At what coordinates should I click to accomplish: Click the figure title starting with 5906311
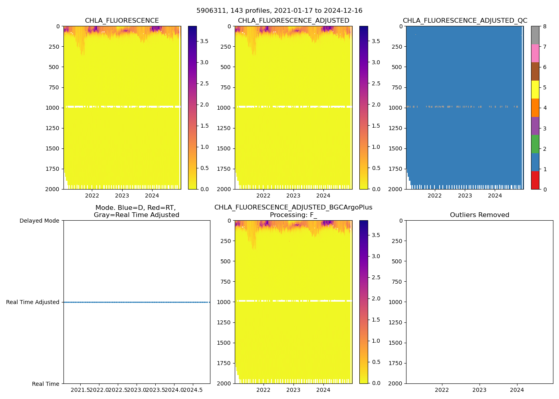click(x=279, y=11)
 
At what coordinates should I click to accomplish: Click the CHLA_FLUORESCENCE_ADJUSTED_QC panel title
click(x=465, y=21)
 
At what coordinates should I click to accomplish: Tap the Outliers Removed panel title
click(x=480, y=215)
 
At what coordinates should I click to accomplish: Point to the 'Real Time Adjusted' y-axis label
click(x=33, y=302)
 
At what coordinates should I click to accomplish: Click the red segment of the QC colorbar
click(x=535, y=180)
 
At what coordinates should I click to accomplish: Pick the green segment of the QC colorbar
click(x=535, y=144)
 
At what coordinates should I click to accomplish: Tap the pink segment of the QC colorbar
click(x=535, y=53)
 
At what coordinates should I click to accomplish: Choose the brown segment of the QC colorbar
click(x=535, y=71)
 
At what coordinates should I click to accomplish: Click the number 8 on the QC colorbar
click(x=545, y=26)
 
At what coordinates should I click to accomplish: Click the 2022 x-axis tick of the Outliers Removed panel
click(x=442, y=390)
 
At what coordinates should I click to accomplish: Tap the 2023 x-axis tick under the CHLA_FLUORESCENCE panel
click(x=122, y=196)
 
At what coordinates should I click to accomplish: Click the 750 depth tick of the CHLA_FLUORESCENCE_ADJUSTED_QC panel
click(x=398, y=87)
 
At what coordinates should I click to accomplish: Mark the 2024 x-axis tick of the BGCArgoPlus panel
click(x=323, y=390)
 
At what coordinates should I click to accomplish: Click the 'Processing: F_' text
click(x=293, y=215)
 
